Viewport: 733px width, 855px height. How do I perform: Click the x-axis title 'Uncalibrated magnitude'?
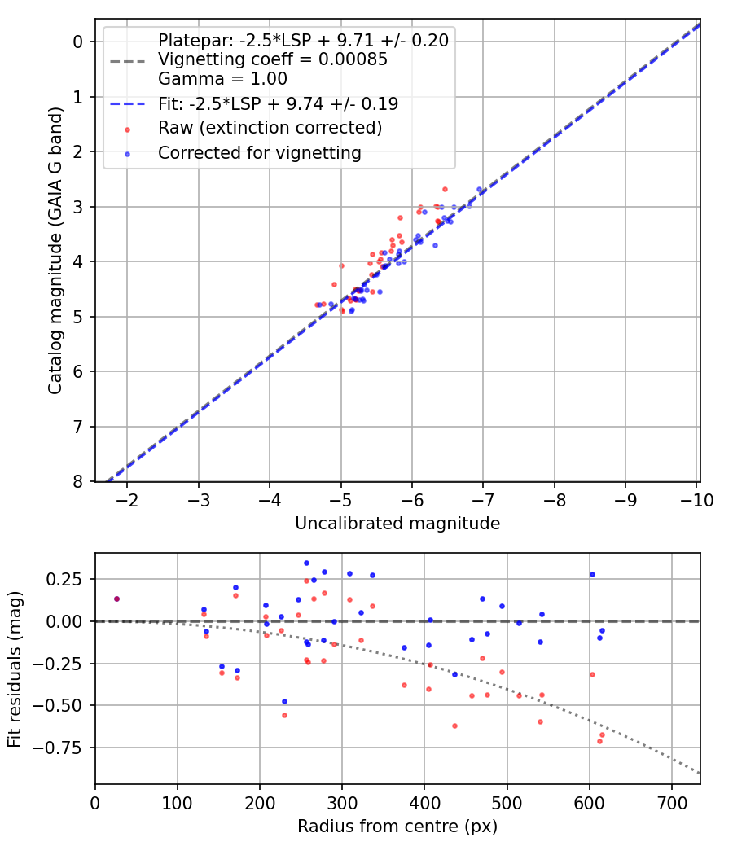[397, 524]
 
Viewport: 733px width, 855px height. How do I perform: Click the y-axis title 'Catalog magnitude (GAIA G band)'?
[55, 248]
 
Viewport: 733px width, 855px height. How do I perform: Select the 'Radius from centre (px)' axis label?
[397, 826]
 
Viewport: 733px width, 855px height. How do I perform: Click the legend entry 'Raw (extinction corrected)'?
[270, 128]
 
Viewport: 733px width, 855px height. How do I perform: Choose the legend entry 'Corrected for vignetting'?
[260, 152]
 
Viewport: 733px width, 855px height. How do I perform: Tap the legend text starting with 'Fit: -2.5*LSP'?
[278, 103]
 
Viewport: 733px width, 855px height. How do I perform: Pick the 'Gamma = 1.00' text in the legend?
[222, 79]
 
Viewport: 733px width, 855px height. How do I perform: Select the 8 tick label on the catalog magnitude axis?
[79, 482]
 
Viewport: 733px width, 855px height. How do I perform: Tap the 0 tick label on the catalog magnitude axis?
[79, 42]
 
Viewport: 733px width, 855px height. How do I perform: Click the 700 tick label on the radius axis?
[671, 801]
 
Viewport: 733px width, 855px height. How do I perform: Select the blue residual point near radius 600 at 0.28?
[592, 574]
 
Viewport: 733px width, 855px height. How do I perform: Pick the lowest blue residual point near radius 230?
[284, 701]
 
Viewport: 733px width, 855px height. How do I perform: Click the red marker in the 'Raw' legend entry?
[126, 129]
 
